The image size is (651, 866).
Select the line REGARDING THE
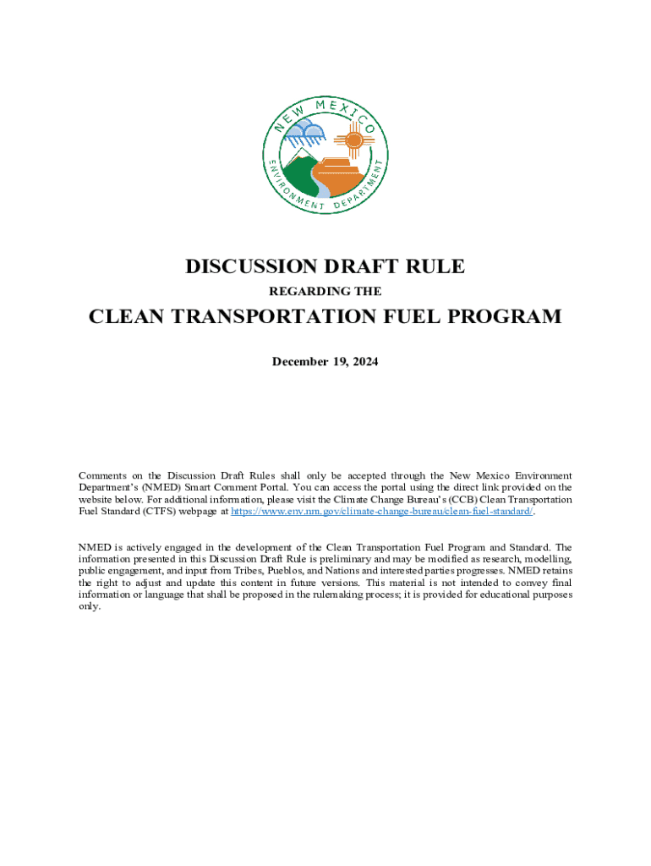coord(325,292)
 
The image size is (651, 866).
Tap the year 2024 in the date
coord(364,362)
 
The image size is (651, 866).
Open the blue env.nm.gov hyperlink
coord(382,512)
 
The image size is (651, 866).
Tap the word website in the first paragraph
coord(97,500)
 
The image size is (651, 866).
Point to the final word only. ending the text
coord(89,606)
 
